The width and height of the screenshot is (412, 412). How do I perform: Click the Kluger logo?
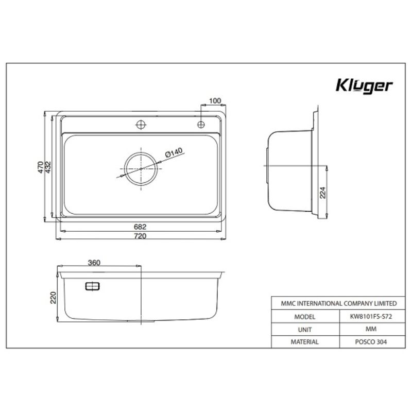(x=364, y=85)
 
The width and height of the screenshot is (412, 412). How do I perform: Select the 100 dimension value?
(x=215, y=100)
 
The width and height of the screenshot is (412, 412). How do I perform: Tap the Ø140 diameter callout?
(x=175, y=153)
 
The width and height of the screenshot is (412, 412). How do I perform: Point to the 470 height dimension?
(x=40, y=167)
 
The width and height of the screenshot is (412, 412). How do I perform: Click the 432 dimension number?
(x=48, y=167)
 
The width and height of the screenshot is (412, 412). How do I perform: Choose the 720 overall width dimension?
(x=140, y=236)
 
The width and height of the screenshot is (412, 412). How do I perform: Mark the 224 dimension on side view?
(x=323, y=192)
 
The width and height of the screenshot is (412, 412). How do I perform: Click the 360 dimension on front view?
(x=94, y=263)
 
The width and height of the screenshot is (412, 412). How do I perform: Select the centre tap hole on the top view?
(x=141, y=124)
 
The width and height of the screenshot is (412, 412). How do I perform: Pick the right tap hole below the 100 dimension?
(x=201, y=124)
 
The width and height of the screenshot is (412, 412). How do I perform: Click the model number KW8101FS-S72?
(x=370, y=317)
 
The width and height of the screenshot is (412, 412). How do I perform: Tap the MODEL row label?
(x=305, y=317)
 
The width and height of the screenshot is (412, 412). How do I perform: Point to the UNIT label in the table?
(x=305, y=329)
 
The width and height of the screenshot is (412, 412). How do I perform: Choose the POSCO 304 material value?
(x=370, y=341)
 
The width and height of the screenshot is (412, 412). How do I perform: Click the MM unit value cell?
(x=370, y=329)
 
